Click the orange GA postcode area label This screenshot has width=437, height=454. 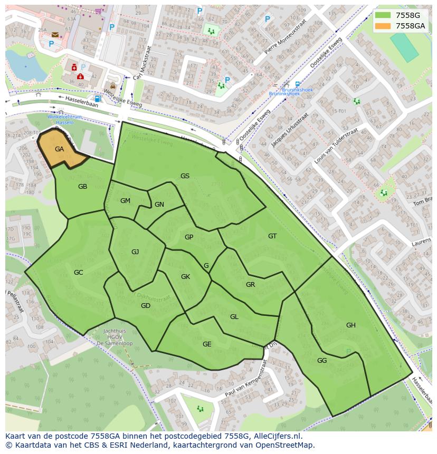59,149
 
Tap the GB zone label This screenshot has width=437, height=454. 82,187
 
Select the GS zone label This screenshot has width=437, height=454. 185,176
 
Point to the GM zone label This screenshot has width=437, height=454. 125,201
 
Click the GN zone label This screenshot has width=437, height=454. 159,205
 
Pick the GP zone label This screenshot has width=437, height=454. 188,237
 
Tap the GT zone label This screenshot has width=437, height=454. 272,236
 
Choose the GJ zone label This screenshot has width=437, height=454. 135,252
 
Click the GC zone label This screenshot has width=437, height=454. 78,273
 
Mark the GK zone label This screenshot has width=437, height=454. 185,277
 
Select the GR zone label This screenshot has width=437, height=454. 250,285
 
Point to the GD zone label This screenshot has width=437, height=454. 146,306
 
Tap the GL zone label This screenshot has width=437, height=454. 234,317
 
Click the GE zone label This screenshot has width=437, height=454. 207,344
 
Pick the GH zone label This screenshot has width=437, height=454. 350,325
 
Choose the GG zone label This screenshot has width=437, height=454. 322,361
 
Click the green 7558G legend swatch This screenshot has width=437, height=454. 383,15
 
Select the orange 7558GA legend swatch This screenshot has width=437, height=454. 383,26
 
